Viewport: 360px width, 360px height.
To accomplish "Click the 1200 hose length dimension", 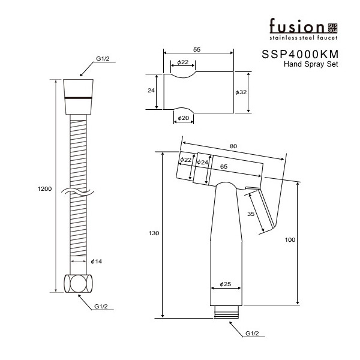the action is point(44,189).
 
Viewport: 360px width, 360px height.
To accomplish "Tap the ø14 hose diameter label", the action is point(96,261).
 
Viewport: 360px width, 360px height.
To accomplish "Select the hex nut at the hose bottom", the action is point(78,284).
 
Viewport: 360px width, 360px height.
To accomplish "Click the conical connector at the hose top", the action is point(78,97).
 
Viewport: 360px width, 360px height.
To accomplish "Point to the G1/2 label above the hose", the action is point(103,59).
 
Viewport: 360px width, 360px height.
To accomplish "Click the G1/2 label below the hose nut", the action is point(101,306).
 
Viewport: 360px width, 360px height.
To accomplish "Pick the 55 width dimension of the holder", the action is point(197,50).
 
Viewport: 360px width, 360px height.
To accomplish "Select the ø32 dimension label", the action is point(241,92).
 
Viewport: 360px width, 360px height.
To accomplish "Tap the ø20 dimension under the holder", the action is point(183,118).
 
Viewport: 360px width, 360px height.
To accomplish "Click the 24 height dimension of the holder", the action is point(151,91).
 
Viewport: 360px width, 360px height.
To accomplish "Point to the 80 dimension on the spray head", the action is point(233,146).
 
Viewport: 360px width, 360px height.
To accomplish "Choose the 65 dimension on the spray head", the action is point(224,166).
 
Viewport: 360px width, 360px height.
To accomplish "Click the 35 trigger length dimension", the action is point(251,214).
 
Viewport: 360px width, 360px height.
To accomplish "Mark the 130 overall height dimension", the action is point(154,233).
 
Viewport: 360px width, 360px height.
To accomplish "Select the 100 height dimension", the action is point(290,240).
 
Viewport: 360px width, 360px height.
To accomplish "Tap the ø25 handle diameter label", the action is point(225,284).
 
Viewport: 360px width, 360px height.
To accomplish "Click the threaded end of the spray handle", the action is point(226,312).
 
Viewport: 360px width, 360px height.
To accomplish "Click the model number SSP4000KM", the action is point(300,55).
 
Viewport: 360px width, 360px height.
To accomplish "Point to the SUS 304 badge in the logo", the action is point(332,28).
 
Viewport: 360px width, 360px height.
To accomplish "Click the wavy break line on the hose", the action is point(79,193).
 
